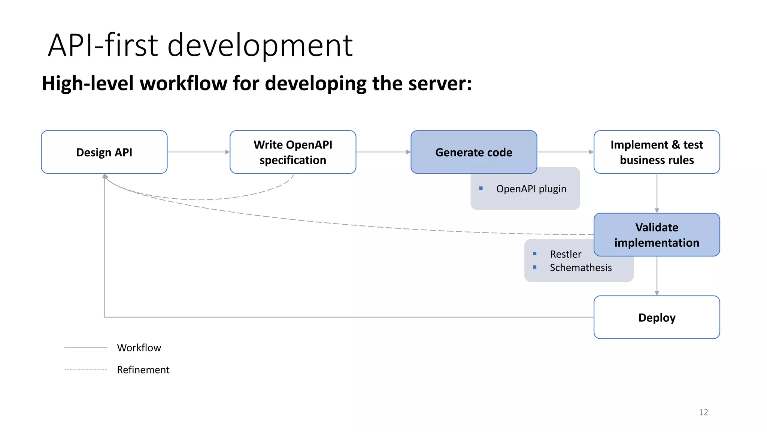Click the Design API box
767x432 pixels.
(104, 152)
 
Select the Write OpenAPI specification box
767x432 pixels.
(292, 152)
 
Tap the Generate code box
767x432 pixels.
(473, 152)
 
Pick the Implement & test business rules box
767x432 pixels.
(657, 152)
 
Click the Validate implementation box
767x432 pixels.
(657, 235)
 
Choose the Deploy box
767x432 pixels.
(657, 317)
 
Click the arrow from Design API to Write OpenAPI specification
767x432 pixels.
(198, 152)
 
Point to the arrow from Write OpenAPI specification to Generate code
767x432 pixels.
(383, 152)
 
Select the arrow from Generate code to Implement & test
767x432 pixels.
(565, 152)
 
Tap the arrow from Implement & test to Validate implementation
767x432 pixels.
(657, 193)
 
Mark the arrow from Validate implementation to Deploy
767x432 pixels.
(657, 276)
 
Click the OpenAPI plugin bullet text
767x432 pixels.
(531, 189)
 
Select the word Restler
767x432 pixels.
(566, 254)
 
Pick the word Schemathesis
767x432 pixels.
(580, 268)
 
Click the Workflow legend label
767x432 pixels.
(139, 348)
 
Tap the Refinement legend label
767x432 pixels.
(143, 370)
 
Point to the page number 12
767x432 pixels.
(703, 412)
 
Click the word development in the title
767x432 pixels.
(260, 46)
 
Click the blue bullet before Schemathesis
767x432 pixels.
(535, 267)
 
